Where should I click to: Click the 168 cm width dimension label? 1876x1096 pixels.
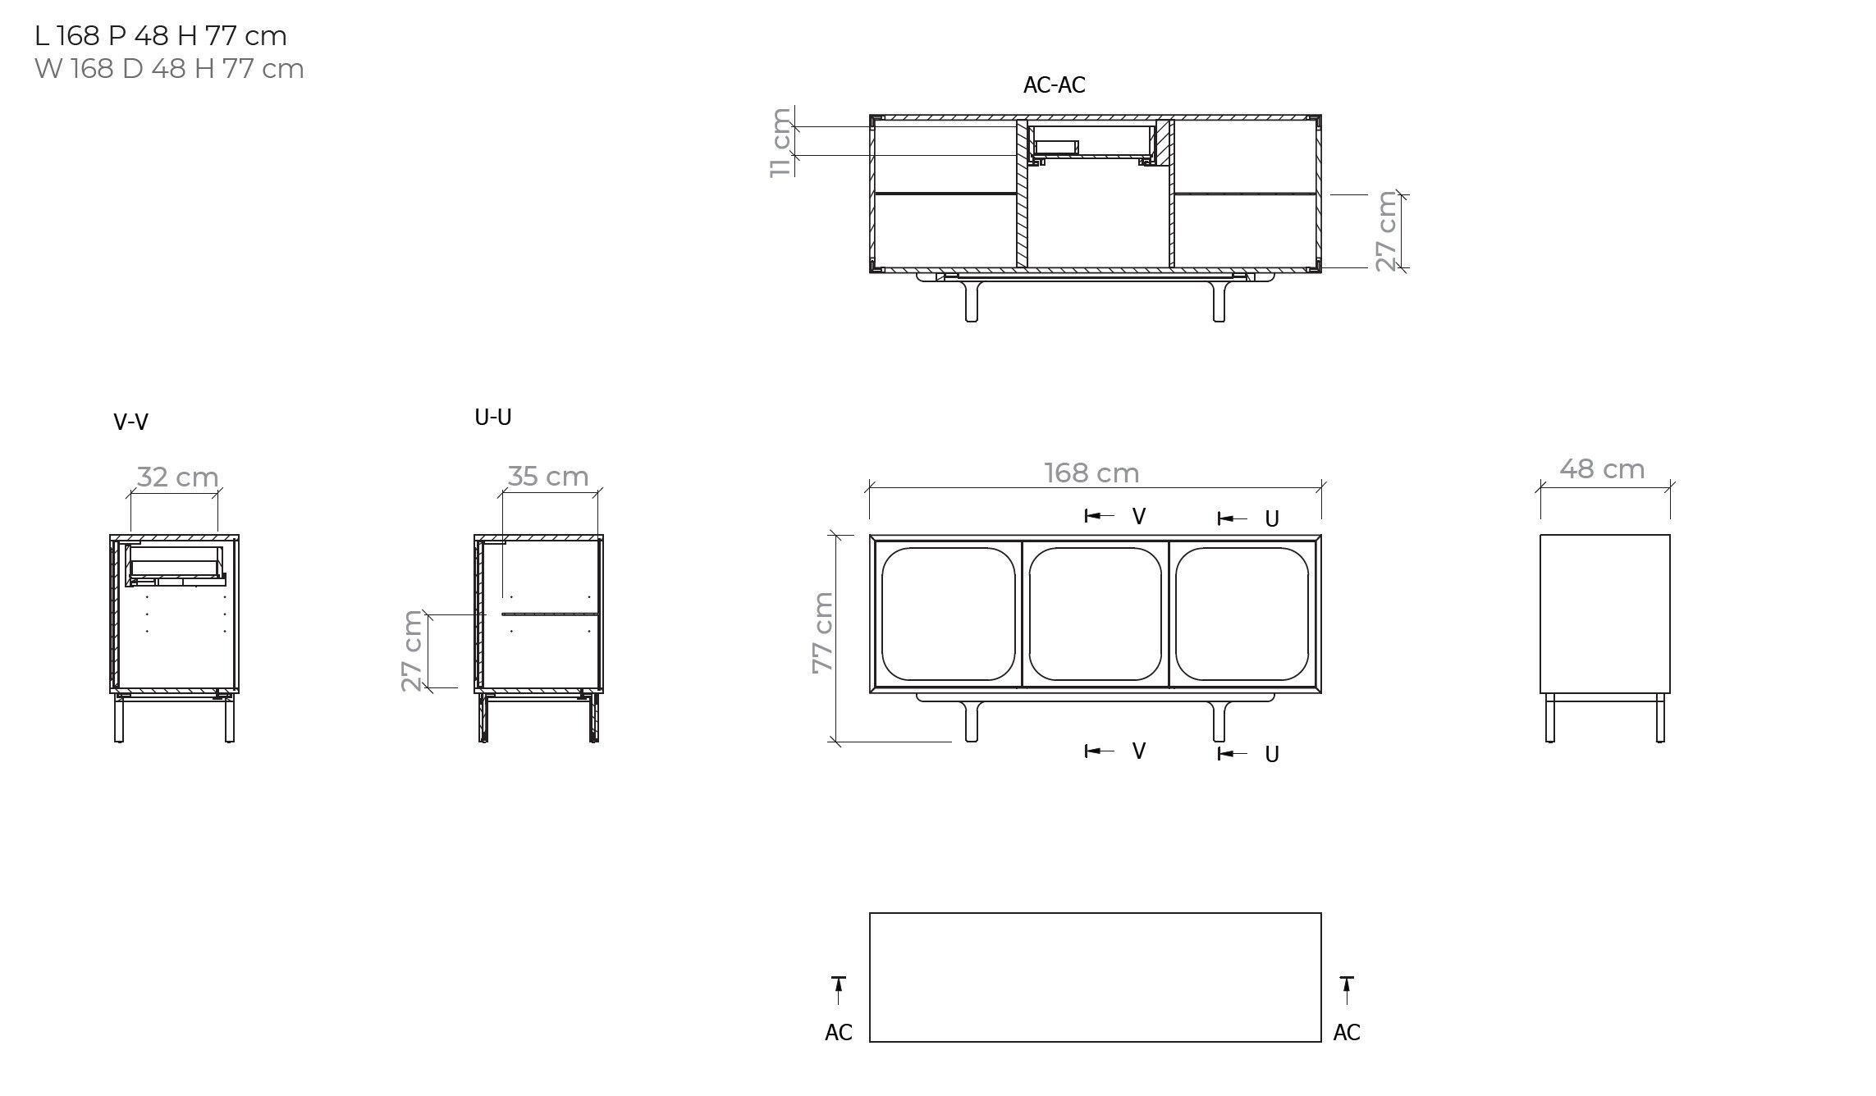pos(1091,473)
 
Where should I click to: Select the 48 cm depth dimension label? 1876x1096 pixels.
pos(1602,469)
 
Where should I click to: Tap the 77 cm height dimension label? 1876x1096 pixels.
pos(822,632)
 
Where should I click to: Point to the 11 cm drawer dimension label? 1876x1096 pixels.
pos(781,142)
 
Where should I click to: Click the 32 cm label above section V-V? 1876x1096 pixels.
pos(177,477)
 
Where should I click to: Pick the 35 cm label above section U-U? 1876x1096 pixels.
pos(547,477)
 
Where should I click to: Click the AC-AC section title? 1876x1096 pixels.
pos(1054,85)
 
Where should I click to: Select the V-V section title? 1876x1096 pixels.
pos(130,422)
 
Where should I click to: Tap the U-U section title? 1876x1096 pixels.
pos(492,418)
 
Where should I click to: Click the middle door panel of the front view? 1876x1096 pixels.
pos(1095,614)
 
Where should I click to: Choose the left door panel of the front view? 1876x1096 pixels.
pos(948,614)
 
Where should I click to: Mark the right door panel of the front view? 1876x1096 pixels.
pos(1242,614)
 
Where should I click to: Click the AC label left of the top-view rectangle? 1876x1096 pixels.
pos(838,1033)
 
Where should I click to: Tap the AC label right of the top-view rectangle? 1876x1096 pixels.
pos(1346,1033)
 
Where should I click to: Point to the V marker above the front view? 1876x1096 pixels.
pos(1138,516)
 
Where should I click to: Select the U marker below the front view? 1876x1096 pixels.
pos(1271,754)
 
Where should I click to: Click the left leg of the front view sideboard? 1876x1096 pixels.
pos(972,721)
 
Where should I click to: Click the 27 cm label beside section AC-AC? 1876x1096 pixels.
pos(1386,231)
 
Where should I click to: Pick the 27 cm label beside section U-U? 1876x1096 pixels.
pos(412,651)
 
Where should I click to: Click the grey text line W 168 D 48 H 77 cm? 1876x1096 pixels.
pos(169,69)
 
